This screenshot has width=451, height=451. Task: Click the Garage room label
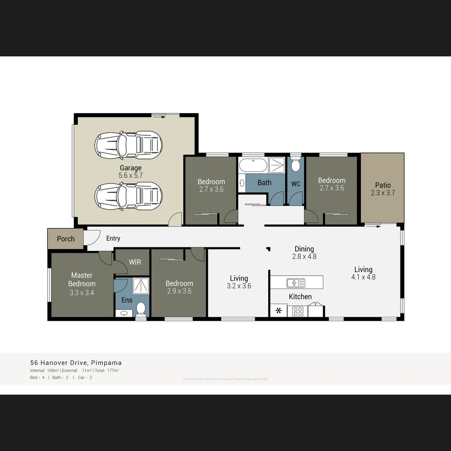[130, 168]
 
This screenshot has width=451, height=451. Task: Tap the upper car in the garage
[128, 145]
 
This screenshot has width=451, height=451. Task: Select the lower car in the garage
[128, 196]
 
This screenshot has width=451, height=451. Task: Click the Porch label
[66, 239]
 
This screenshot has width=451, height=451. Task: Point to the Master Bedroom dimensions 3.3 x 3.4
[81, 293]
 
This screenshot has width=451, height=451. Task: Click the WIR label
[135, 262]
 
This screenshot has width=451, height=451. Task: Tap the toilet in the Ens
[141, 309]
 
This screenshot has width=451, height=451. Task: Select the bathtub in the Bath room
[253, 165]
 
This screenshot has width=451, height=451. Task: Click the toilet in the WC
[296, 166]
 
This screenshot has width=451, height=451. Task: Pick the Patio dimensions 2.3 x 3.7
[383, 193]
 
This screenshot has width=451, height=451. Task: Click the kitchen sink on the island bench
[296, 283]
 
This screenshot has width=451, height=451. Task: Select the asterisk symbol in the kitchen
[279, 311]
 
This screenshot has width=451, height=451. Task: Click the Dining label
[304, 249]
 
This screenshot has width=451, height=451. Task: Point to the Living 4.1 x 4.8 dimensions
[363, 277]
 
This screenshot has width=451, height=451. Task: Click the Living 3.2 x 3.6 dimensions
[239, 286]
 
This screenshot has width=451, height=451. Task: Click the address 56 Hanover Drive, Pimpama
[76, 363]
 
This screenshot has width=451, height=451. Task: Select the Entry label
[113, 238]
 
